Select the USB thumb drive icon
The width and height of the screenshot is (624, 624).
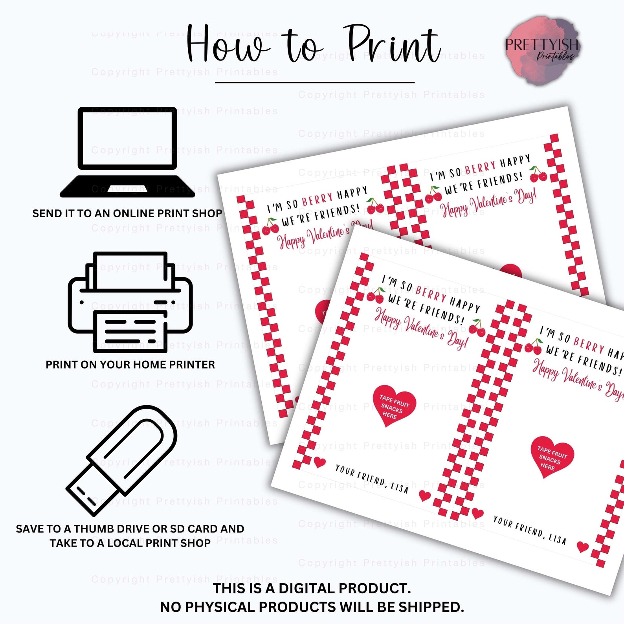click(x=122, y=460)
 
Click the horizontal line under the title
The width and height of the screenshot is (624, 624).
click(x=315, y=83)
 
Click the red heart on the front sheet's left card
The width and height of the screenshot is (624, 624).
click(x=394, y=406)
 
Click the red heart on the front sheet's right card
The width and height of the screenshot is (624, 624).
click(x=552, y=456)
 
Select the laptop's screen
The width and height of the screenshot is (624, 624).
click(x=127, y=138)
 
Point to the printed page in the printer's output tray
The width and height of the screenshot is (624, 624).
click(x=130, y=329)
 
